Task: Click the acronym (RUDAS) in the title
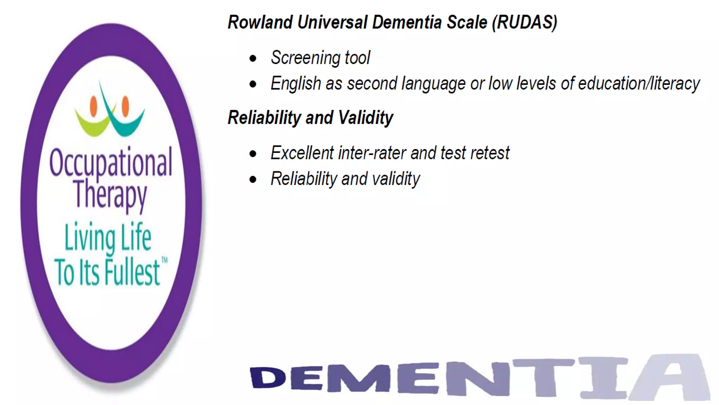coord(525,22)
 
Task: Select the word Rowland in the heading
coord(260,22)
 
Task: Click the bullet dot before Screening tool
coord(253,58)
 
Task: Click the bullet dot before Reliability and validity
coord(253,180)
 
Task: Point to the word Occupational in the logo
coord(111,163)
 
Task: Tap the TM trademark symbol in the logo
coord(164,260)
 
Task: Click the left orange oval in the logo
coord(93,106)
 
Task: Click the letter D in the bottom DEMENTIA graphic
coord(268,378)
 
